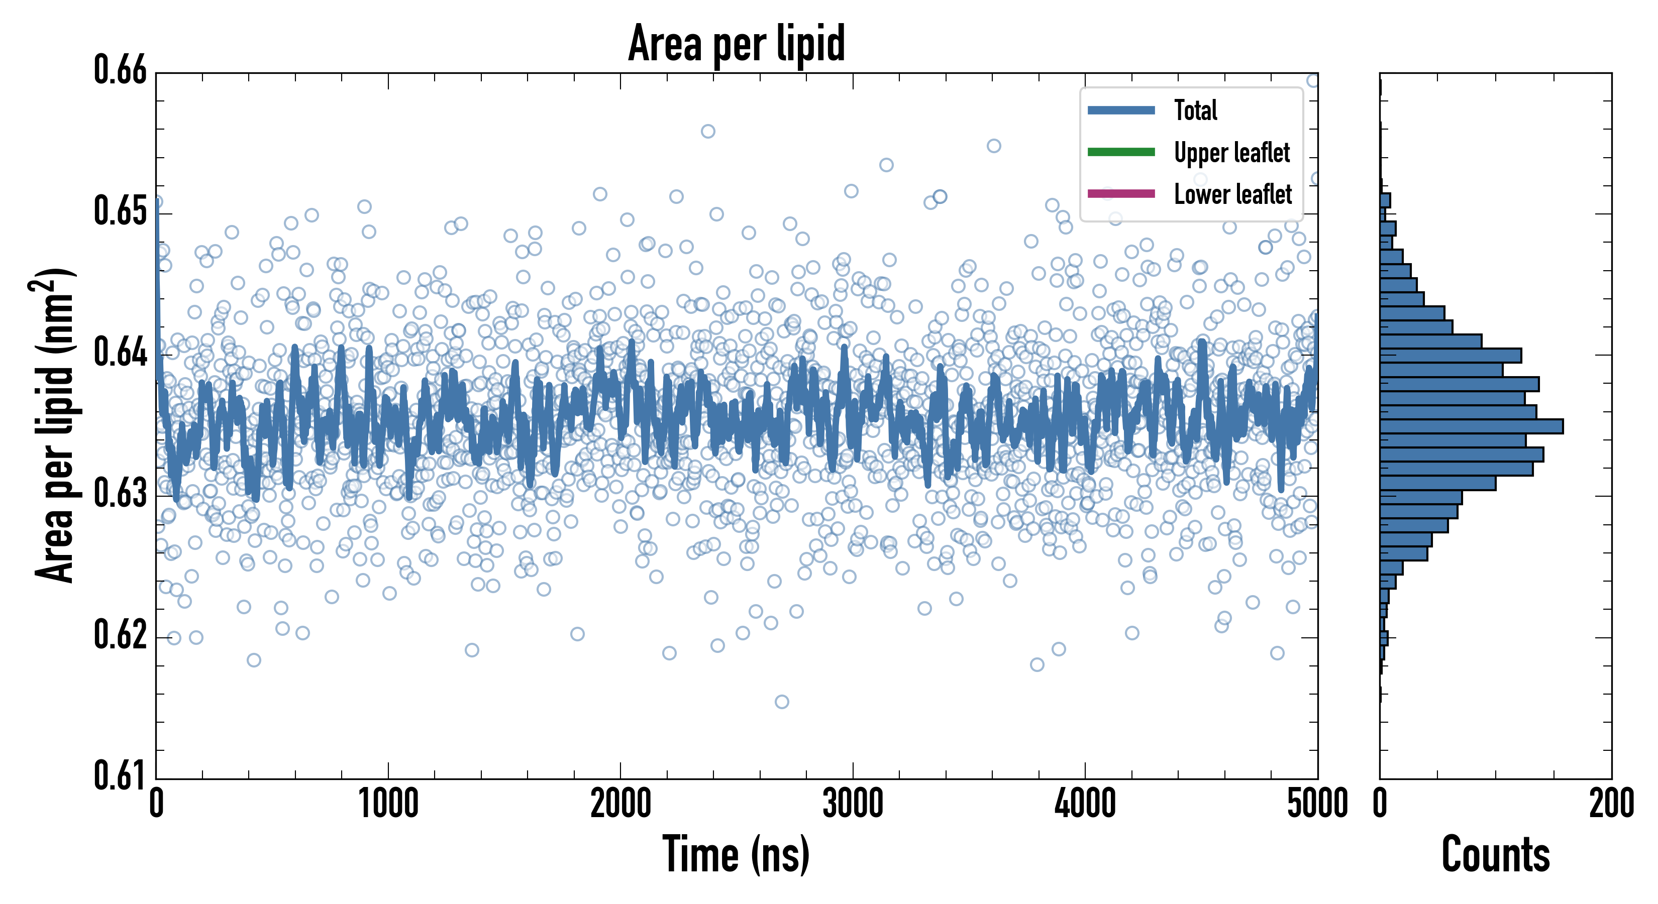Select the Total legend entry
coord(1195,110)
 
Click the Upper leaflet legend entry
coord(1231,153)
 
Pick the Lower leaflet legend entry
coord(1232,194)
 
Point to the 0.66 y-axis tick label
coord(121,70)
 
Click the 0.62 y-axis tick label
coord(121,635)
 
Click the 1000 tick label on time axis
coord(388,804)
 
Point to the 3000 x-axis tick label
coord(853,804)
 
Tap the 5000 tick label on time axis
coord(1317,804)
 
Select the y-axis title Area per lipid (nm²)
coord(55,425)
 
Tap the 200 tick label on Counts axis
coord(1611,804)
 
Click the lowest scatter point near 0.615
coord(781,701)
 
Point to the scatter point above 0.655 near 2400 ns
coord(707,131)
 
